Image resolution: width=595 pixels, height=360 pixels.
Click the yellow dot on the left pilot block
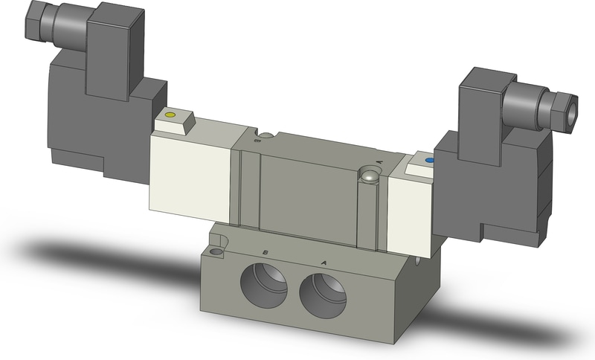[171, 115]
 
